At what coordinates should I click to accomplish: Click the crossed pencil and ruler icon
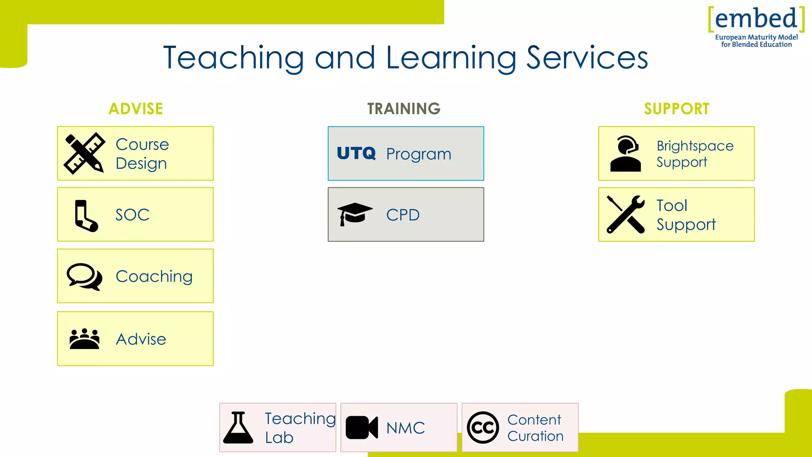coord(84,154)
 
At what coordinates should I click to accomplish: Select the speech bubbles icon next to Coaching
coord(84,277)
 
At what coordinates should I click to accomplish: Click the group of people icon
coord(84,339)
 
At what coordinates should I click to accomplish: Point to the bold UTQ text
coord(356,154)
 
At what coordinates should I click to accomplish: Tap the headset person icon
coord(626,154)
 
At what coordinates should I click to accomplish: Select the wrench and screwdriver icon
coord(626,214)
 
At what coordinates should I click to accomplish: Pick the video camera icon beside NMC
coord(362,428)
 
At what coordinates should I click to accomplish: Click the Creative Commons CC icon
coord(483,428)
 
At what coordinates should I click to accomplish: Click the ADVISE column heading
coord(136,109)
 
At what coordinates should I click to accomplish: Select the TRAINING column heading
coord(404,109)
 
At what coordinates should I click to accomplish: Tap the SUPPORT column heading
coord(676,109)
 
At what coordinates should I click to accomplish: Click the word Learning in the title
coord(451,58)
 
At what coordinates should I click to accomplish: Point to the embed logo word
coord(756,19)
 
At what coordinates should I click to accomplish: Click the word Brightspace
coord(695,146)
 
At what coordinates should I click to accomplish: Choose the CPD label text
coord(403,215)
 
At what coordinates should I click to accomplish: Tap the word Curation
coord(535,436)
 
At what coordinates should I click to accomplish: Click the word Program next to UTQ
coord(419,154)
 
